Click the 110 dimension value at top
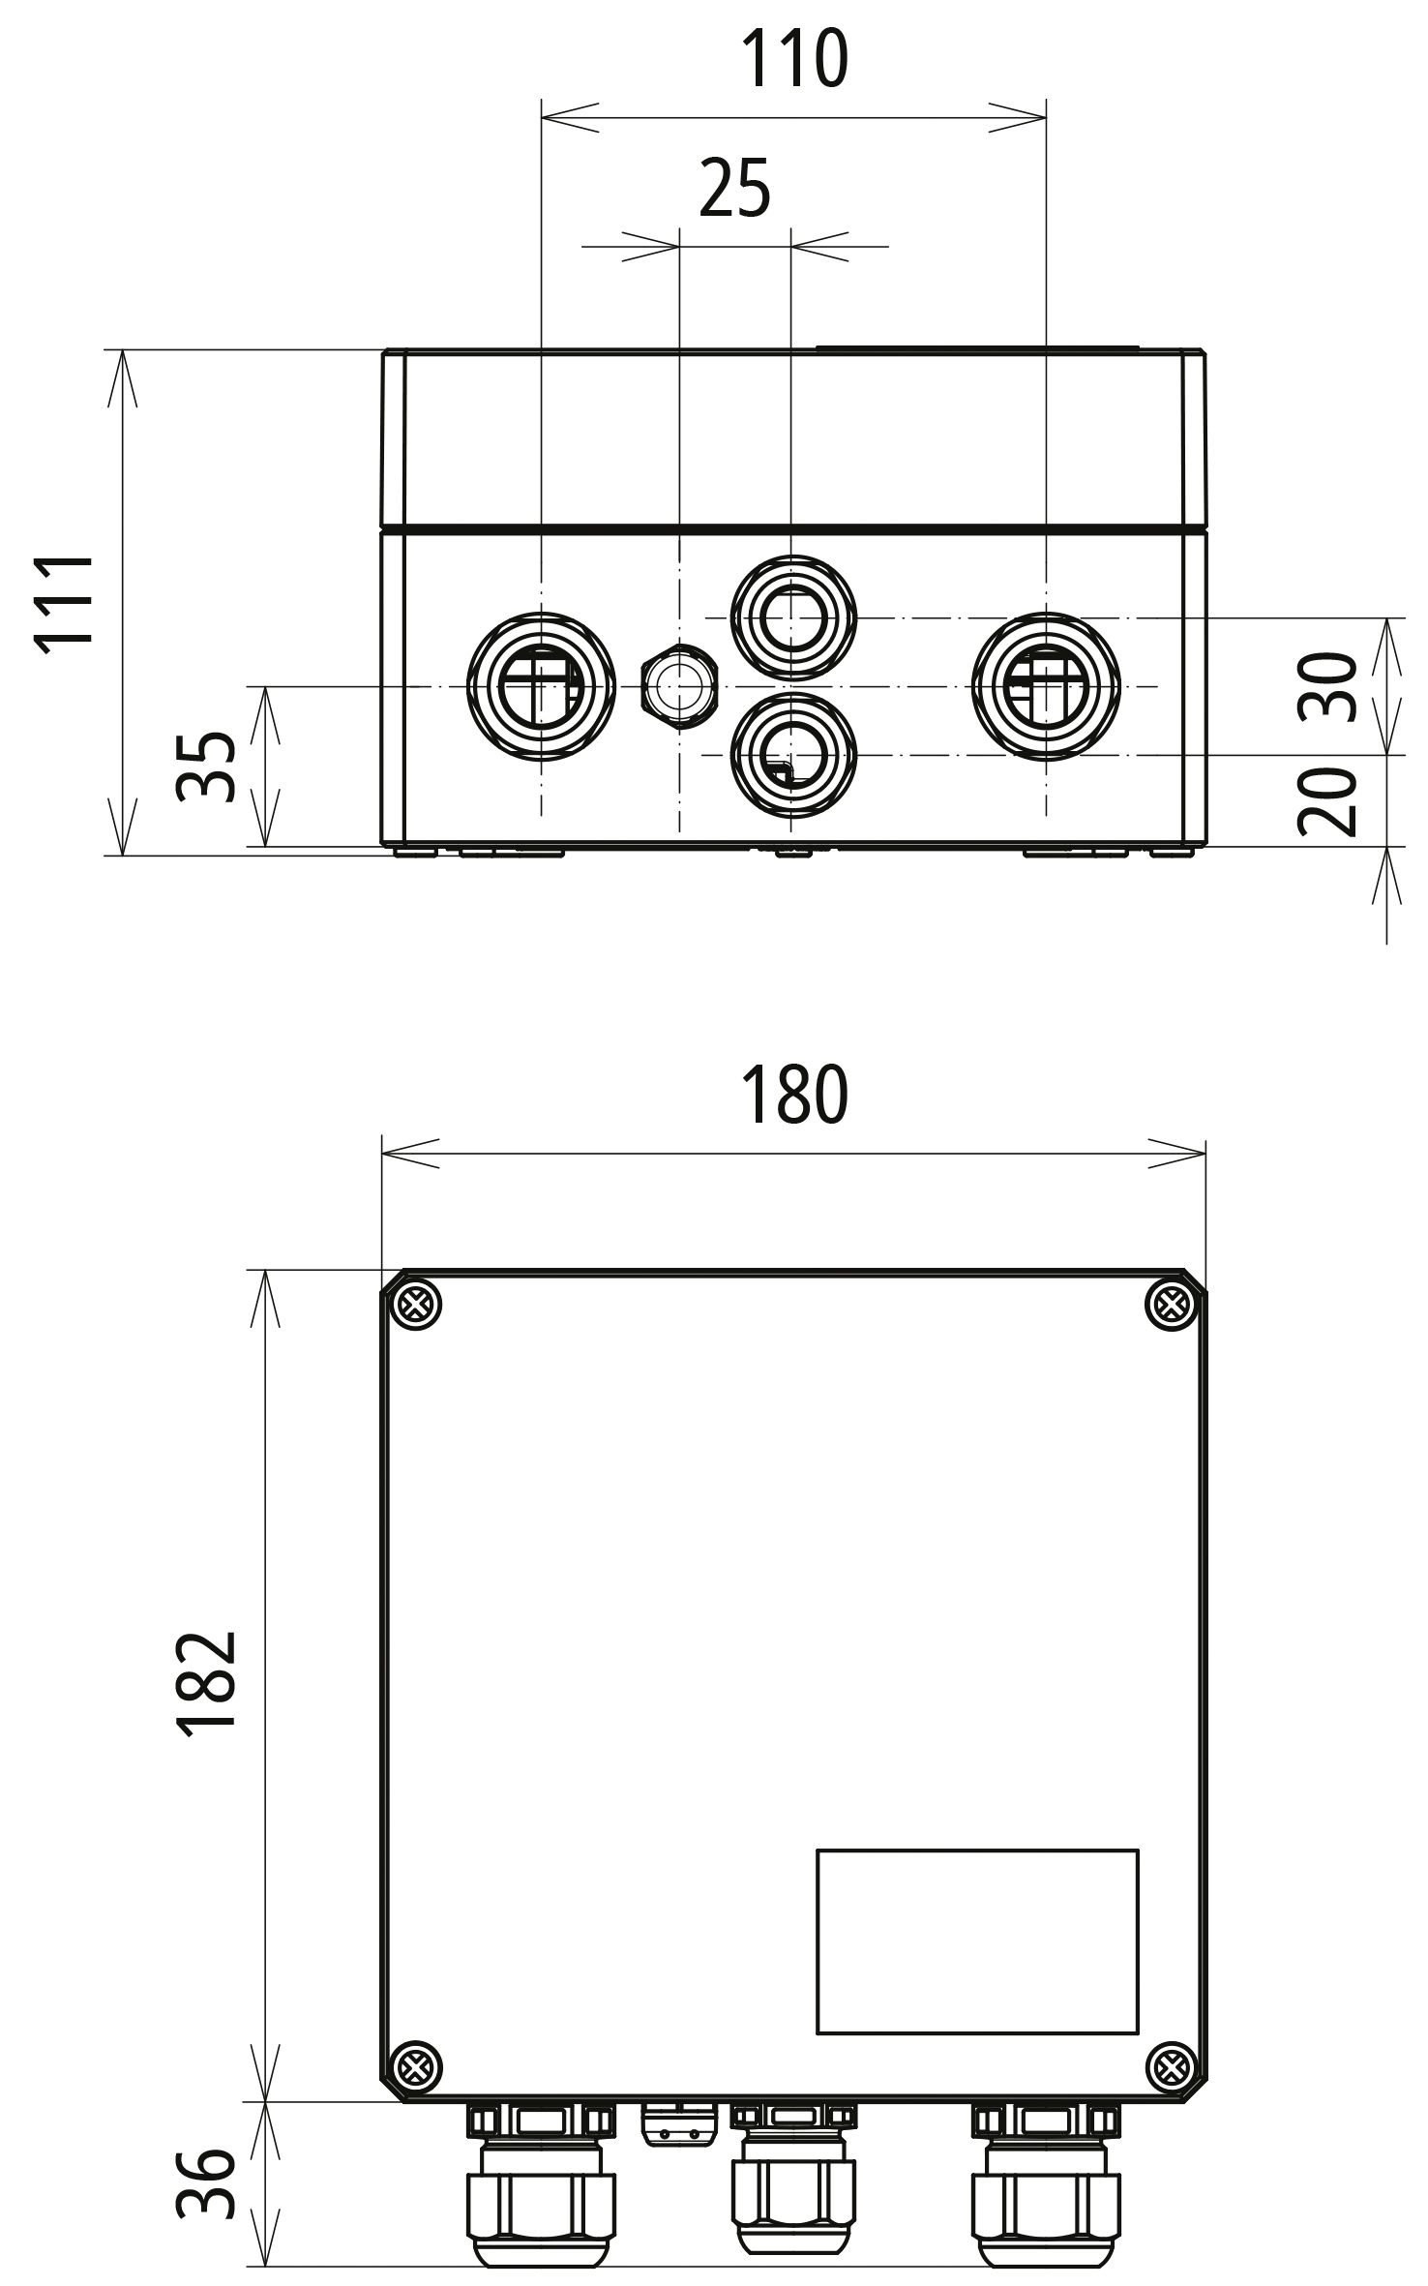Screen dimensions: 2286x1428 [793, 60]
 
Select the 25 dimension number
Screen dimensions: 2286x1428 [734, 189]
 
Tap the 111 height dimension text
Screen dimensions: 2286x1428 [65, 601]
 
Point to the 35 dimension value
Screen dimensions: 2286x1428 [206, 767]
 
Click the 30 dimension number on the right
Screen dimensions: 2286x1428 [1328, 687]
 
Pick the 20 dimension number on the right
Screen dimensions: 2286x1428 [1328, 801]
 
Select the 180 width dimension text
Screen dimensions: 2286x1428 [793, 1096]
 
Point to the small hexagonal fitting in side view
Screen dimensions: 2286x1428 [679, 685]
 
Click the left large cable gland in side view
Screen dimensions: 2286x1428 [541, 686]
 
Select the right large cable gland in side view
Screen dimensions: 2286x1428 [1046, 686]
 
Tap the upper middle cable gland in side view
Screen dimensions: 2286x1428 [792, 617]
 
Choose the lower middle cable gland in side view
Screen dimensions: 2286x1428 [792, 754]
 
